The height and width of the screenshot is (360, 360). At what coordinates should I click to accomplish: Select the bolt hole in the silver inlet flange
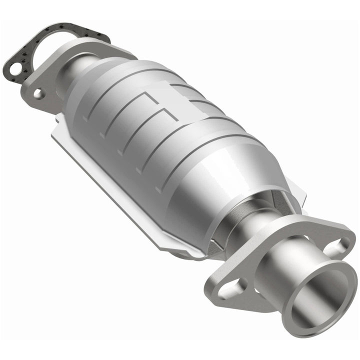[38, 93]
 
